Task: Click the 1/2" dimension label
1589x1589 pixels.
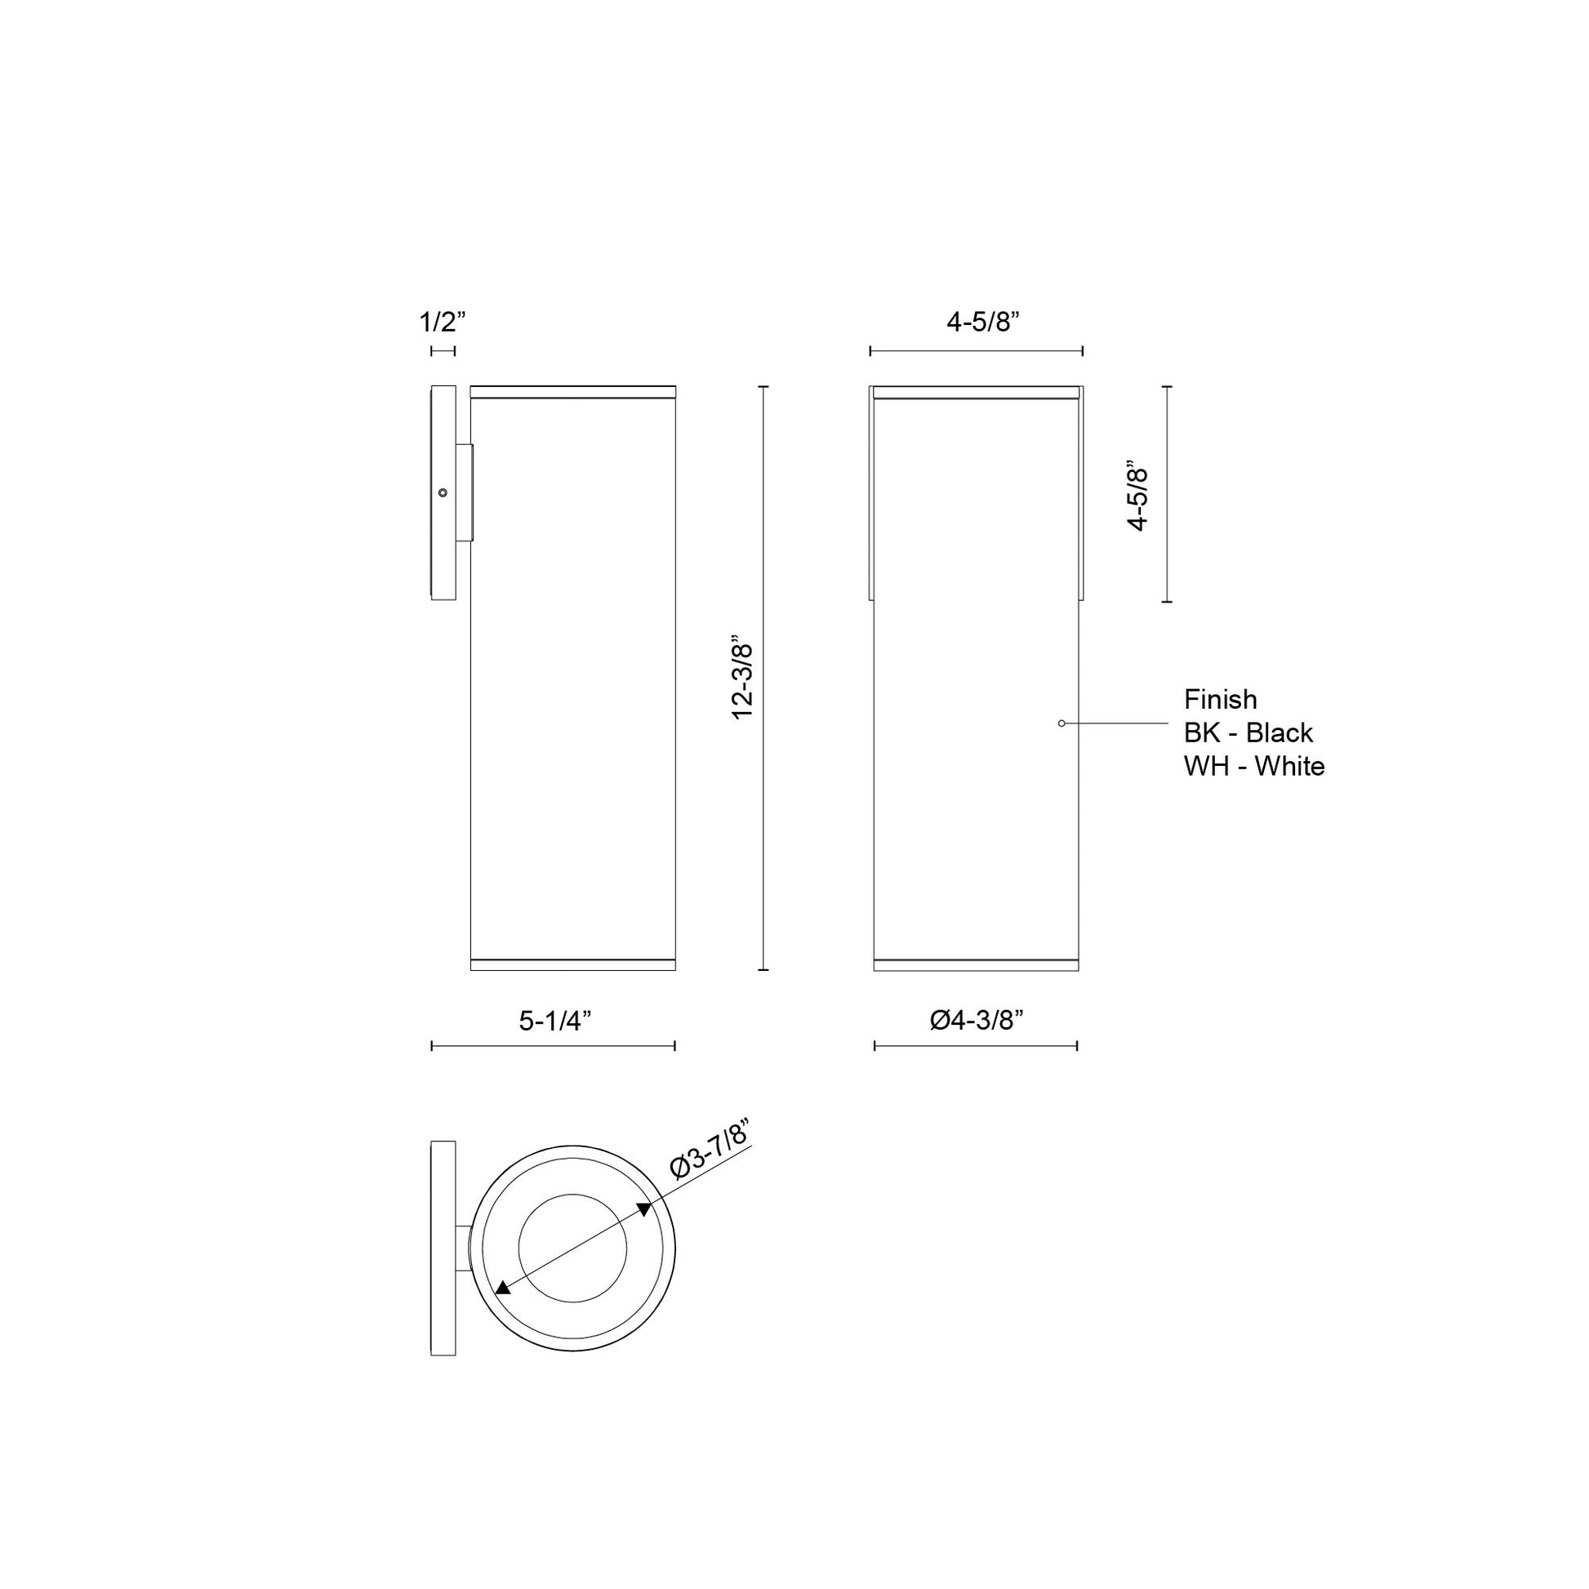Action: click(x=443, y=322)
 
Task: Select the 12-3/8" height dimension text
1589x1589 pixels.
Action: click(x=743, y=677)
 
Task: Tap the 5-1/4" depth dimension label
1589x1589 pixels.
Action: click(x=555, y=1021)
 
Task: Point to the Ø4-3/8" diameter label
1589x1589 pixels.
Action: click(x=977, y=1020)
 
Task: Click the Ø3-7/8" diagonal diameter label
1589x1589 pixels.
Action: click(x=709, y=1150)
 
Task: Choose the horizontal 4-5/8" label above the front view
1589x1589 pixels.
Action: click(x=983, y=323)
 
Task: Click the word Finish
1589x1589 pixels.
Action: click(x=1220, y=699)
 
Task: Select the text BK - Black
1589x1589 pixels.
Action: click(x=1248, y=732)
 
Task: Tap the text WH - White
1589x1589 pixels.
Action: click(x=1253, y=767)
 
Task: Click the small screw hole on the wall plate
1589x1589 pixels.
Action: click(x=443, y=492)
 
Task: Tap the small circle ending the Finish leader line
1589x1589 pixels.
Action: click(x=1062, y=723)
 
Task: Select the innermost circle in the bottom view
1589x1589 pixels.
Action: click(x=572, y=1248)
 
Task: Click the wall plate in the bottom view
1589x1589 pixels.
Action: click(x=443, y=1248)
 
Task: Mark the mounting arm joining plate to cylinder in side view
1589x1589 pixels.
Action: click(x=465, y=493)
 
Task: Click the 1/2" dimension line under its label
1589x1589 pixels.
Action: click(x=443, y=351)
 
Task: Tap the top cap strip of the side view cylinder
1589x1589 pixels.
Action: click(x=572, y=391)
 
